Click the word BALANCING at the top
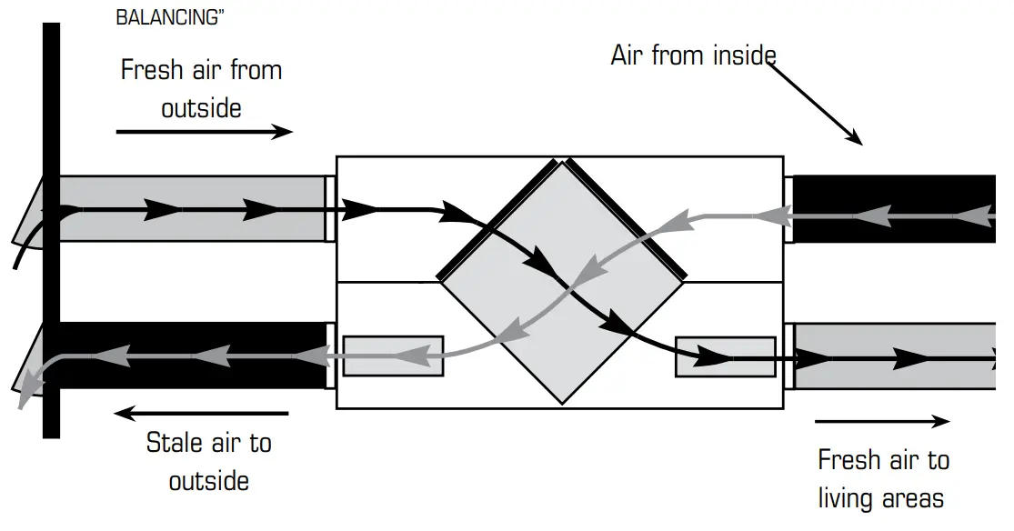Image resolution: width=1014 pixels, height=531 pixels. click(170, 17)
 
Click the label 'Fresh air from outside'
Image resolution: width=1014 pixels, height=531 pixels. click(201, 89)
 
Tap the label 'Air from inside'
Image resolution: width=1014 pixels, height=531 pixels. click(693, 55)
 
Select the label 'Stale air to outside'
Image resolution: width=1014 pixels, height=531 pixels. click(208, 461)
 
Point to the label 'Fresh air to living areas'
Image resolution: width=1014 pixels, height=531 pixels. click(882, 478)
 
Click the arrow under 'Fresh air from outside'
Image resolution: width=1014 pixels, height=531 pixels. click(205, 132)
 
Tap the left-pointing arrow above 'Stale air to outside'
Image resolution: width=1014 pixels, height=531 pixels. click(201, 414)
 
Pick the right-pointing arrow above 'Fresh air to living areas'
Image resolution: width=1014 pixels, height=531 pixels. click(882, 422)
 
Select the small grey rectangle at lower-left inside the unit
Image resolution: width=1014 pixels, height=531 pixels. click(393, 356)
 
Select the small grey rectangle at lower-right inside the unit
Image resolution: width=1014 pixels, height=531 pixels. click(725, 356)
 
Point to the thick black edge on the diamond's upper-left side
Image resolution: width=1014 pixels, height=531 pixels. click(497, 219)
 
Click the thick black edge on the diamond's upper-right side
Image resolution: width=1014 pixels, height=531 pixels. click(627, 219)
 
